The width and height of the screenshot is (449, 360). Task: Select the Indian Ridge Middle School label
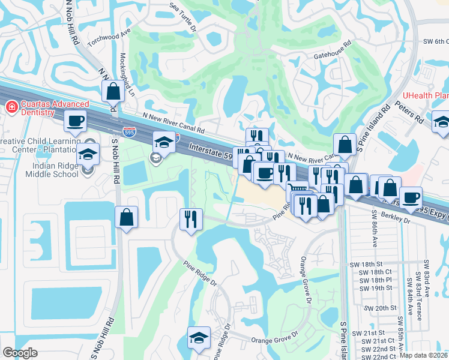click(x=52, y=170)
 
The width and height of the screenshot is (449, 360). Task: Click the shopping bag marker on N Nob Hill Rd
click(x=113, y=92)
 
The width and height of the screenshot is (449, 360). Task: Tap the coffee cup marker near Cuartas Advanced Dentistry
click(x=76, y=121)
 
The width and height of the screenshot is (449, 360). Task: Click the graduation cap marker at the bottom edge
click(x=199, y=338)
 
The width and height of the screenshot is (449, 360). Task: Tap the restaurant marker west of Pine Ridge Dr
click(x=191, y=218)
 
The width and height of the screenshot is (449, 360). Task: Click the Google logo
click(x=20, y=353)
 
